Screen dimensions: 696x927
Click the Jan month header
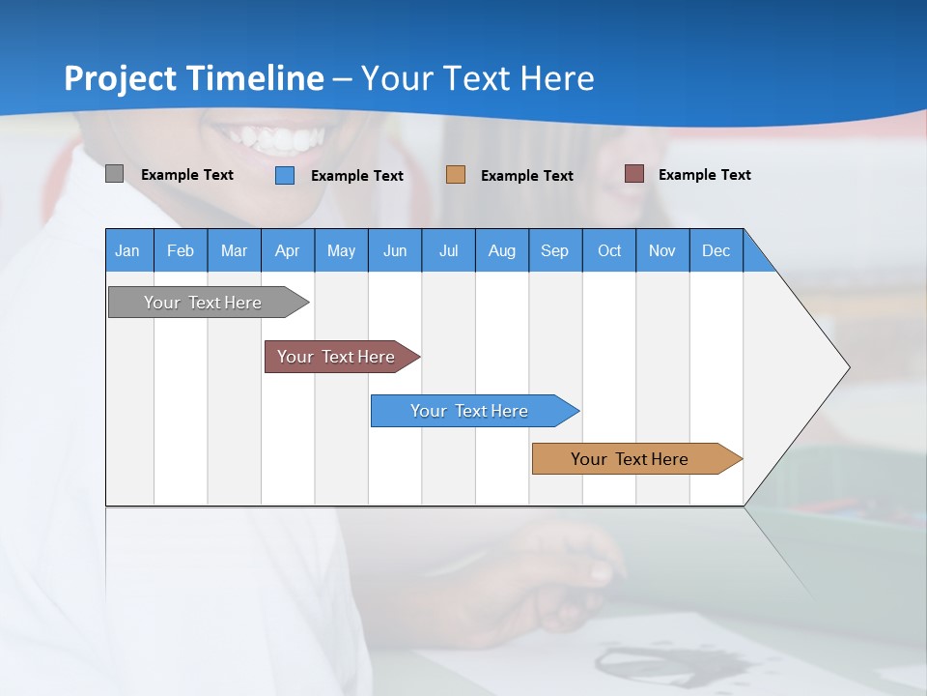128,250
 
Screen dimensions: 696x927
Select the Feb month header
181,250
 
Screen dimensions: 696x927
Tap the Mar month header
234,250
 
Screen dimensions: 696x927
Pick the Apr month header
288,250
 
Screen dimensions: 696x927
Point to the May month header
341,250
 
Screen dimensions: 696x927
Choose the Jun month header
395,250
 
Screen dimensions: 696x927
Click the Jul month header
448,250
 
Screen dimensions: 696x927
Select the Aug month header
502,250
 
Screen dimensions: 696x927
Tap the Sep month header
555,250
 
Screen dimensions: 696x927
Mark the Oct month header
609,250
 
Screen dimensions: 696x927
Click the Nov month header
662,250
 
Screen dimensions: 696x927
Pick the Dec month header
716,250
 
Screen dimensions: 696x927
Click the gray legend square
114,174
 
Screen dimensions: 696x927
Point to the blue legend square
285,175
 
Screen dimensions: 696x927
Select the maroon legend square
634,174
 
